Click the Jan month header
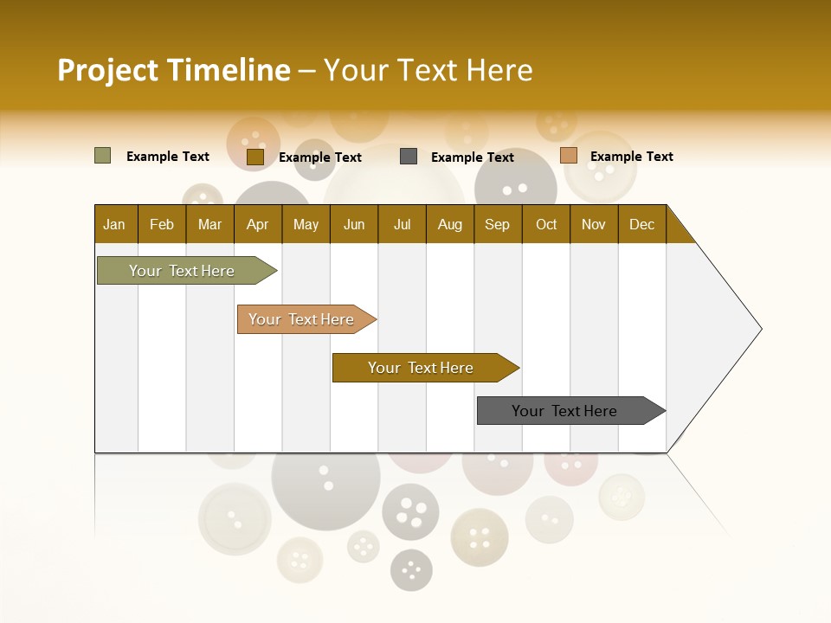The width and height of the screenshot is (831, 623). point(115,224)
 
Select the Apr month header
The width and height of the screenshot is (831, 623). point(258,224)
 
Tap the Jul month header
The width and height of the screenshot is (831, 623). point(402,224)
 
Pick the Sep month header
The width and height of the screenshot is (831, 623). point(498,224)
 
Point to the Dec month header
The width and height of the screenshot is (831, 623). point(641,224)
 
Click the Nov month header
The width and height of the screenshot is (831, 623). point(594,224)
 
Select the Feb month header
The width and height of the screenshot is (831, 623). point(162,224)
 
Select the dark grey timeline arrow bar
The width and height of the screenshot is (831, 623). point(568,411)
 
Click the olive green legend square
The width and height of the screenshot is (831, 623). point(102,156)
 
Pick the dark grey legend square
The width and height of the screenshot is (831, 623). point(409,157)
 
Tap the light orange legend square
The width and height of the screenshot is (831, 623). point(568,156)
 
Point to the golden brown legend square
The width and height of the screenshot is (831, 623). point(254,157)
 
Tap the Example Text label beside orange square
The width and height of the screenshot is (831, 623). point(631,156)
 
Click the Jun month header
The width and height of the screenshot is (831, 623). point(354,224)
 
